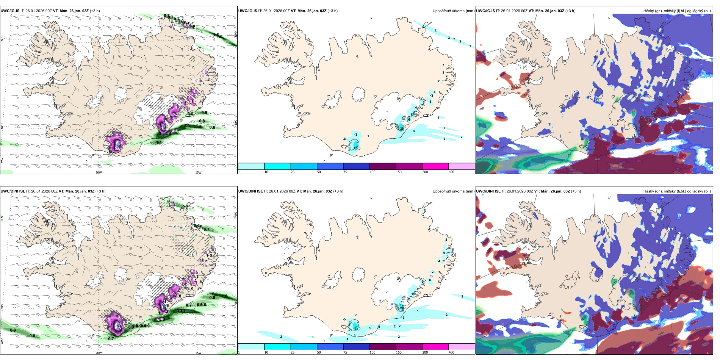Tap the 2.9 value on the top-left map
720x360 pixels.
(187, 126)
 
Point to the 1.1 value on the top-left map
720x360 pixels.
(159, 142)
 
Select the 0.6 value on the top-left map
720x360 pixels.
(212, 127)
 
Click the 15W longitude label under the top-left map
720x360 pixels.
(198, 172)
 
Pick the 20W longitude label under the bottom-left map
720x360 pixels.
(99, 353)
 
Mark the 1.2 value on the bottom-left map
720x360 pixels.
(214, 294)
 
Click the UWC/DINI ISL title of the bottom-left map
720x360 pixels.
(13, 191)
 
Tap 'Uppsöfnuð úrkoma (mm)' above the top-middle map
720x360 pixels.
(453, 11)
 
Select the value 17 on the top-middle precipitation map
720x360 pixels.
(355, 149)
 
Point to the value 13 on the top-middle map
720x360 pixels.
(412, 114)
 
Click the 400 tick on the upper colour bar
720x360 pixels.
(451, 172)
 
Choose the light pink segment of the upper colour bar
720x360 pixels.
(462, 166)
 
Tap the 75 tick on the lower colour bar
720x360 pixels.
(345, 352)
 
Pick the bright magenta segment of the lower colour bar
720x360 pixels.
(435, 347)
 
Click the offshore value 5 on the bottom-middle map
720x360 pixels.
(417, 311)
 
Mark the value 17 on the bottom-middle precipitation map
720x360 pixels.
(355, 329)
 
